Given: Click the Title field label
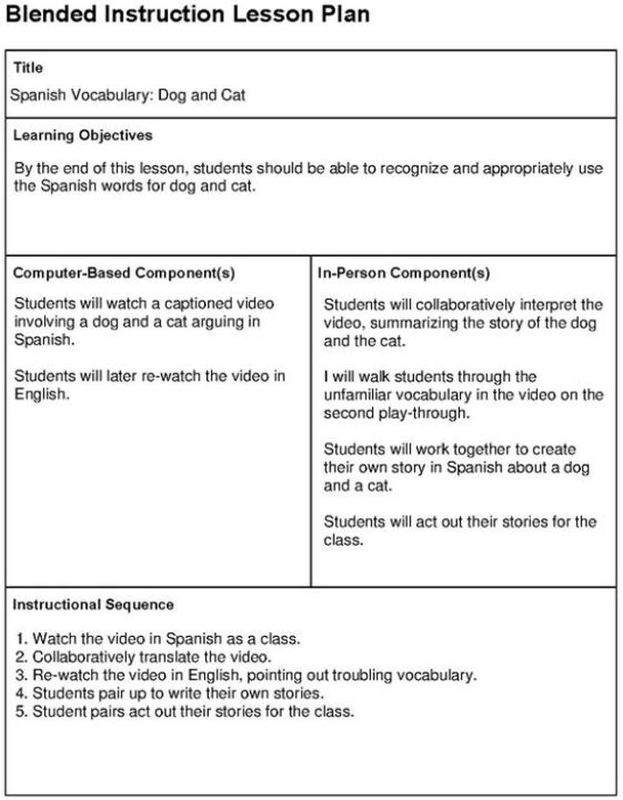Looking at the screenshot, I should [28, 68].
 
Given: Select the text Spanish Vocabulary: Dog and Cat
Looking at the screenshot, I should [127, 96].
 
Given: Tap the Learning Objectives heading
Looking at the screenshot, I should [82, 135].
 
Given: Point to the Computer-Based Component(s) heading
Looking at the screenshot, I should [124, 273].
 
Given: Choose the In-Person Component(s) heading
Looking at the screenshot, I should [404, 273].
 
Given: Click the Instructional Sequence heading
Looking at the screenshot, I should [93, 605].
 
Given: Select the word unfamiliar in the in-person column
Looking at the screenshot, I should [359, 395].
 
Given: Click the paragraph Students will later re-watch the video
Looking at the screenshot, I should [150, 384].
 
